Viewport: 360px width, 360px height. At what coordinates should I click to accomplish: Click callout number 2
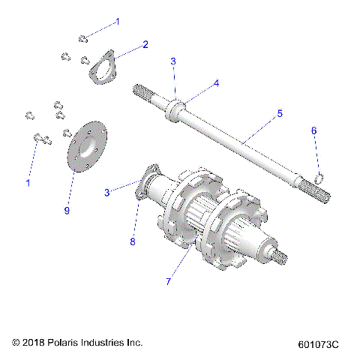point(145,45)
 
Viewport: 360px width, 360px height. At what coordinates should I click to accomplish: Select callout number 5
point(279,114)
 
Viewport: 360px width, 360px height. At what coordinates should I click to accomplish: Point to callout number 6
point(314,131)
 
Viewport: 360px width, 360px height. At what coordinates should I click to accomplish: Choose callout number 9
point(67,211)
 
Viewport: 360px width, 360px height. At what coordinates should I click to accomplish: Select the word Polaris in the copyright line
point(67,342)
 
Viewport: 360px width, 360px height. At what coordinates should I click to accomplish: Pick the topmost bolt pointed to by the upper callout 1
point(84,37)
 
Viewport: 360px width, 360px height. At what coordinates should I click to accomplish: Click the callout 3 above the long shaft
point(172,61)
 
